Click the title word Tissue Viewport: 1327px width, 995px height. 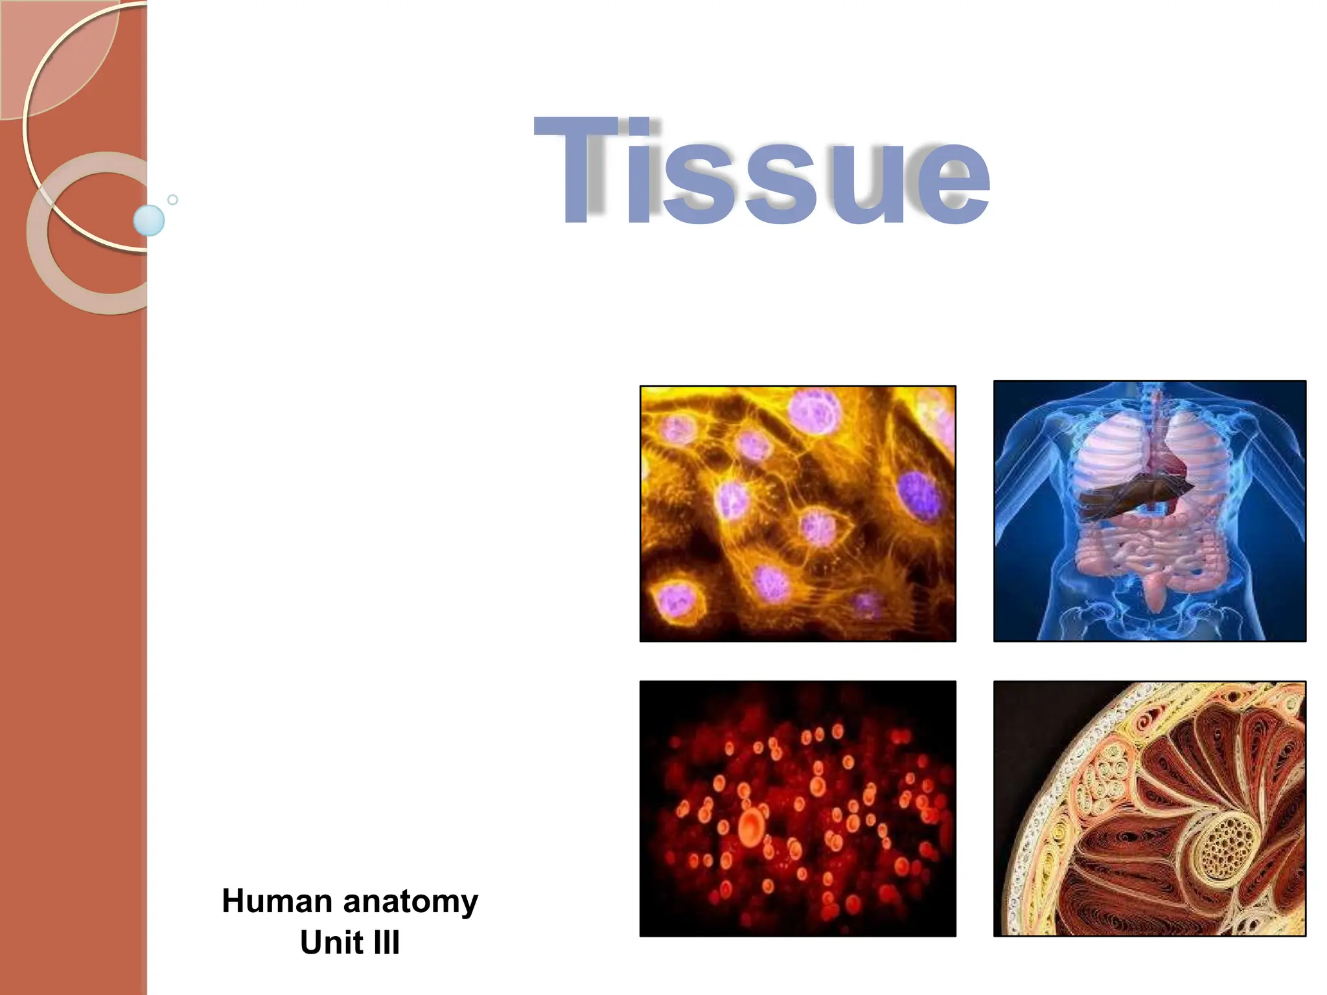pos(761,172)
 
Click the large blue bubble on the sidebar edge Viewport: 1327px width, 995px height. pos(149,220)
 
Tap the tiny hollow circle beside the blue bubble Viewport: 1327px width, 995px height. pos(172,200)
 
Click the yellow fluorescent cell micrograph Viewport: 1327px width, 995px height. pos(798,514)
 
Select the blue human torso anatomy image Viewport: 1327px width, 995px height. pos(1149,511)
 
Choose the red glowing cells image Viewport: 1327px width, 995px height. pos(798,808)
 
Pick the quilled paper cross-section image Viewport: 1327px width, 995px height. pos(1149,808)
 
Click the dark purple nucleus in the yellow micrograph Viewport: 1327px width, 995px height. pos(918,496)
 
